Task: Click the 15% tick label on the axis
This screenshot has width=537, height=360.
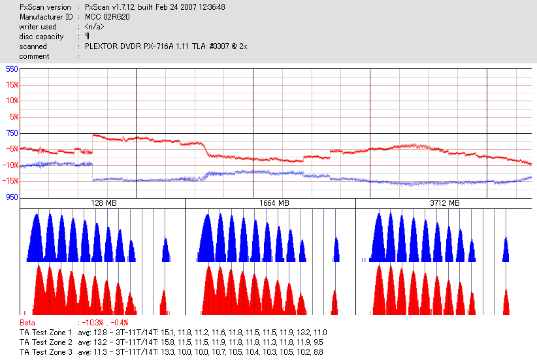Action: pos(11,85)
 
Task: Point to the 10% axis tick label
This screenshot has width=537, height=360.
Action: pos(11,101)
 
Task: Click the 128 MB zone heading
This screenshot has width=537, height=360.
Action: pos(103,203)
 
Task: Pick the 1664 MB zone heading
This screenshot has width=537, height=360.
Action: pos(270,203)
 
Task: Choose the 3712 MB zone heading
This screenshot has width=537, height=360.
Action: pos(444,203)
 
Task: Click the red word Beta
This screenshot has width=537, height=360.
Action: pos(27,323)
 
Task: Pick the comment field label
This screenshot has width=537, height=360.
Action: pos(34,56)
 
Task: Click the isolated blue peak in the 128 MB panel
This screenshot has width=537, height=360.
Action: pos(165,250)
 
